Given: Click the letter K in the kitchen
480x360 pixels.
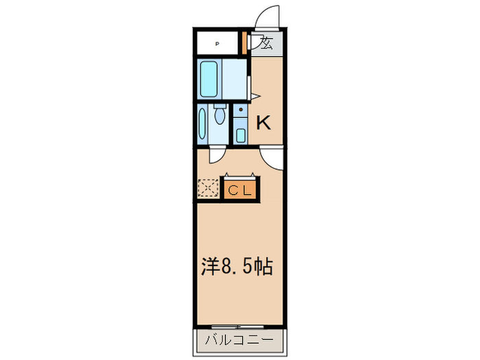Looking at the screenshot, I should coord(264,123).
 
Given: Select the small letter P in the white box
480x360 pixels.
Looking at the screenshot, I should coord(218,44).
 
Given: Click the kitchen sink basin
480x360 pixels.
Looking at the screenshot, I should coord(241,134).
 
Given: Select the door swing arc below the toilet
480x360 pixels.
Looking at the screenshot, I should coord(217,156).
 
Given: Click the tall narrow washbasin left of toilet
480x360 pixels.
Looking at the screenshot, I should coord(202,123).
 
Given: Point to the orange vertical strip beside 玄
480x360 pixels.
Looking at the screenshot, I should coord(245,43).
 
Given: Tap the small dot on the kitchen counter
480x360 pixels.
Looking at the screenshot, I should coord(241,110).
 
